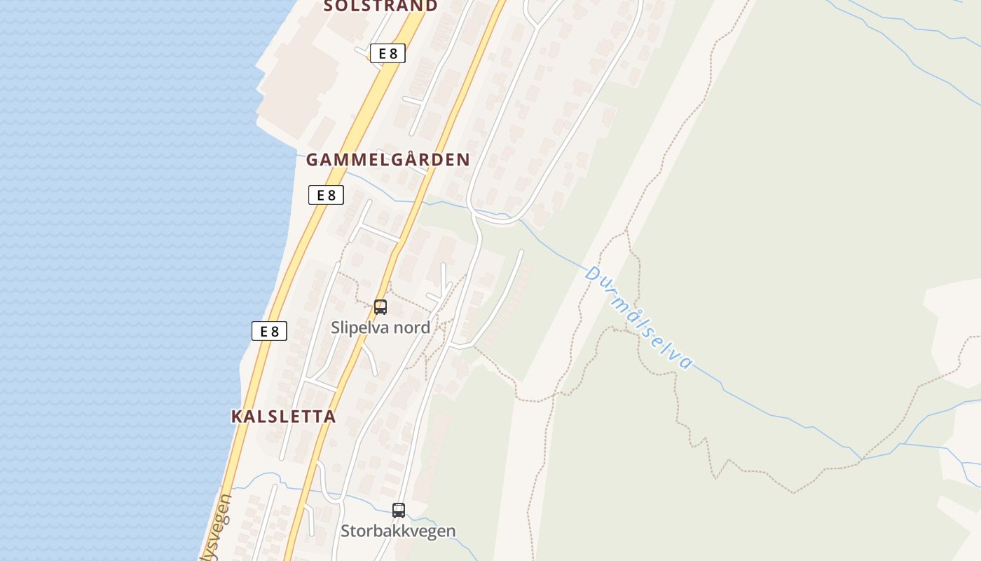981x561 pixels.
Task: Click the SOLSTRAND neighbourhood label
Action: tap(380, 6)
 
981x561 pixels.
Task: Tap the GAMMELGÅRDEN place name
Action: tap(387, 160)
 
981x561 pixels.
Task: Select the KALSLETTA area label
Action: tap(283, 417)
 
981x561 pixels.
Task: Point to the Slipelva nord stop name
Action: tap(380, 327)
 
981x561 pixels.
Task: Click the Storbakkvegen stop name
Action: tap(398, 531)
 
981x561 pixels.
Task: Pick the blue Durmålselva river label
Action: tap(639, 317)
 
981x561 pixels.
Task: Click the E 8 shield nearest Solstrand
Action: tap(387, 53)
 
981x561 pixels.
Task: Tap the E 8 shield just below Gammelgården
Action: tap(326, 195)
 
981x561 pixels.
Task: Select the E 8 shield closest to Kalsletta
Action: tap(270, 331)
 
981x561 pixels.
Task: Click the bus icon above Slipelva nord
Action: tap(380, 306)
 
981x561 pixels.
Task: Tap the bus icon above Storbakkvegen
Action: tap(399, 510)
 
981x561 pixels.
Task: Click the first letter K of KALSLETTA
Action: tap(237, 417)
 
